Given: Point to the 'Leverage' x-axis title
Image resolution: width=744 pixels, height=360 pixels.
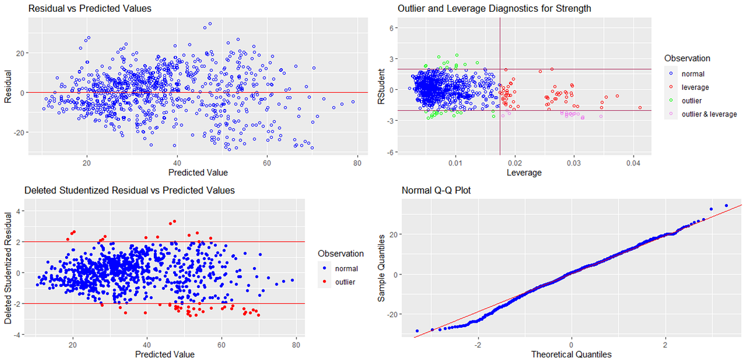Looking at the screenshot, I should pos(525,173).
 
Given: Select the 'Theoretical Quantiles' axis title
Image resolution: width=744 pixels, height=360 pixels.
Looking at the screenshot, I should pos(571,354).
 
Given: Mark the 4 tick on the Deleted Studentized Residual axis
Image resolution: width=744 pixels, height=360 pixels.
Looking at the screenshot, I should pos(20,211).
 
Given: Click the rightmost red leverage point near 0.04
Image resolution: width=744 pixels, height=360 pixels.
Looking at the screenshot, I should pos(640,108).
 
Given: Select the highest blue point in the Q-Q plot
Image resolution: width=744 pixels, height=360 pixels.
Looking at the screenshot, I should pos(726,206).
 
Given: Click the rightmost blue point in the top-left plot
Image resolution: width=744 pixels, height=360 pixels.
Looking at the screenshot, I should pos(353,102).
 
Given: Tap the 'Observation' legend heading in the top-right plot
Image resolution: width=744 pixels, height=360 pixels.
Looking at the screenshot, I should pos(686,58).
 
